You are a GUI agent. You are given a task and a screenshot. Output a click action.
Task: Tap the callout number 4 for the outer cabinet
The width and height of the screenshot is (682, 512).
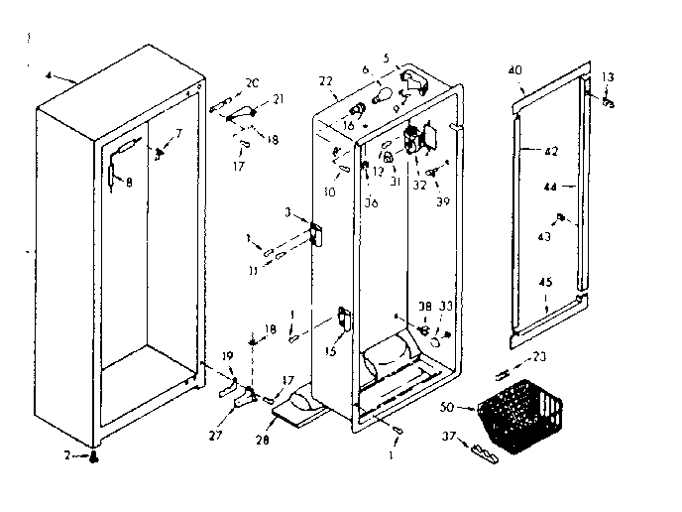[51, 74]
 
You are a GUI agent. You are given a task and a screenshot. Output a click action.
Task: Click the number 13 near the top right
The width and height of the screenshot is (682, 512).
[608, 77]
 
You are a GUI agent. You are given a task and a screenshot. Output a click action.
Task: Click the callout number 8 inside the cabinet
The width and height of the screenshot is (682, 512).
[115, 181]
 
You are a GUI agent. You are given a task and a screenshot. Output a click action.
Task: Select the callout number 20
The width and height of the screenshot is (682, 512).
[251, 82]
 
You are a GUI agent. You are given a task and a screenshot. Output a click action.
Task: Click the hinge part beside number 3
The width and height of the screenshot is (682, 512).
[316, 234]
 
